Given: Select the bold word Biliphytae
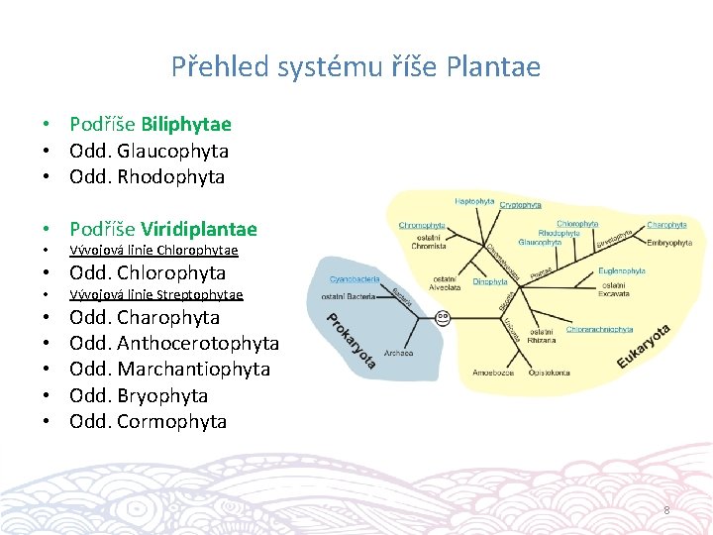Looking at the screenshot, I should [x=186, y=125].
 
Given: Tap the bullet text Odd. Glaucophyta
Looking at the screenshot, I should [x=149, y=151].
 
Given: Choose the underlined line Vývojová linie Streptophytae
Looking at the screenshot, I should [x=155, y=294].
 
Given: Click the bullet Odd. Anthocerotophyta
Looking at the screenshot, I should [x=173, y=343].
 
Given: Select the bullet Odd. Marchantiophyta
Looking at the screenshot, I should [x=169, y=369].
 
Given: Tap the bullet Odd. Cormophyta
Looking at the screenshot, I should [x=148, y=421].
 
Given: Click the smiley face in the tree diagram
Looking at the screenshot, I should [x=443, y=318].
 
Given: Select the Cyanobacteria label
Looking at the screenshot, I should [x=355, y=280].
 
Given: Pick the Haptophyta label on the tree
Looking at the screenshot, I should [x=474, y=201].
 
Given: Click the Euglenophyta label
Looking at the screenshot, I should [x=622, y=270].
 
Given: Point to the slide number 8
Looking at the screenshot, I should [x=666, y=510].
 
